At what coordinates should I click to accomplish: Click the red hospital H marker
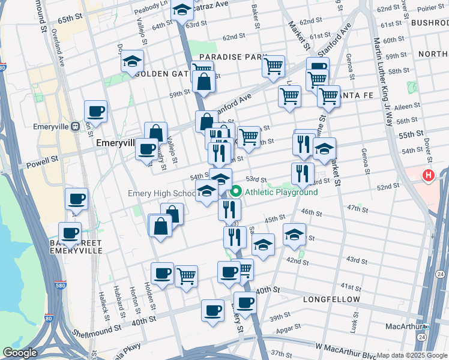coord(428,176)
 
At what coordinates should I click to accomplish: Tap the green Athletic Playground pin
coord(235,192)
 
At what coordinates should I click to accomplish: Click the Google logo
coord(20,353)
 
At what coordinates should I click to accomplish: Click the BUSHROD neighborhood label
coord(430,22)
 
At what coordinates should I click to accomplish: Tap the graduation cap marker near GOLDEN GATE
coord(131,62)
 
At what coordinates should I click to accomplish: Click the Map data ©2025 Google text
coord(412,355)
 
